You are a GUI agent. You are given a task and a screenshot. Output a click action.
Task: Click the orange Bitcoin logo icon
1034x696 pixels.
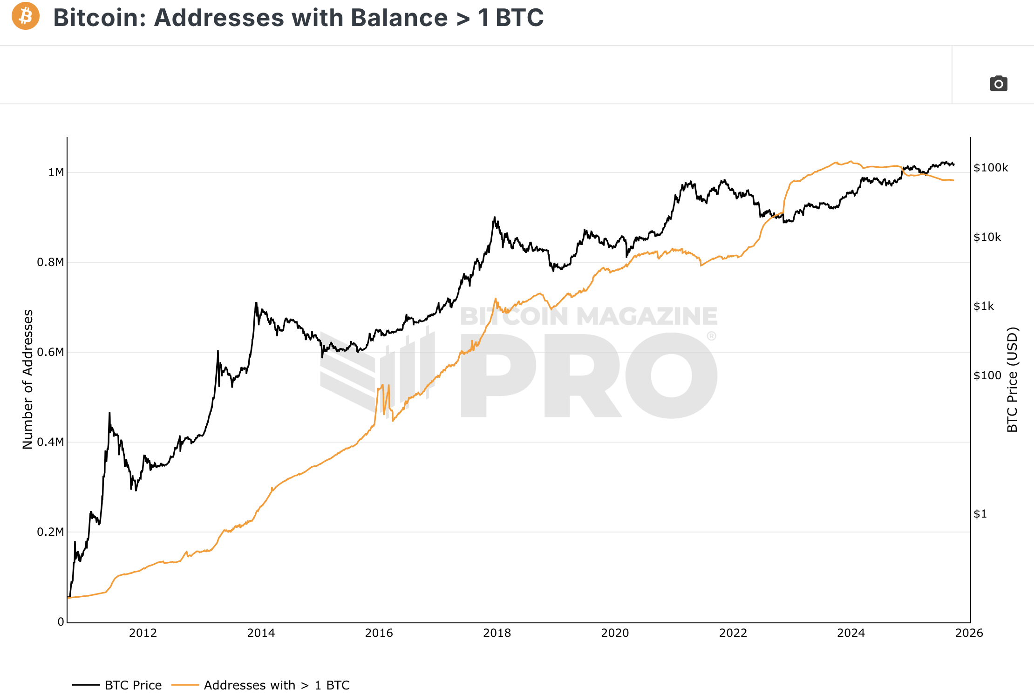coord(26,16)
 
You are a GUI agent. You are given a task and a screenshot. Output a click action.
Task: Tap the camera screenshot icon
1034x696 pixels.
coord(998,83)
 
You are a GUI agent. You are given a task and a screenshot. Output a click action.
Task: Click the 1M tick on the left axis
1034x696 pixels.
coord(56,172)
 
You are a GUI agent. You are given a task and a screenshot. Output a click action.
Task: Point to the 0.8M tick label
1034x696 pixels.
coord(50,262)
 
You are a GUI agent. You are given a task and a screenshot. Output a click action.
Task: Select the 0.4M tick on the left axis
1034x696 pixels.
coord(50,442)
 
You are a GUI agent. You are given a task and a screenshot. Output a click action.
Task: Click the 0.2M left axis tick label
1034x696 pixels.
coord(50,532)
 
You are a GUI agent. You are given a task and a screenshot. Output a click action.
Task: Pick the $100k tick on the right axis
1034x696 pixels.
coord(991,168)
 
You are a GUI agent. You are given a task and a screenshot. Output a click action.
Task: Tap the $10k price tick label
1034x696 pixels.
coord(987,237)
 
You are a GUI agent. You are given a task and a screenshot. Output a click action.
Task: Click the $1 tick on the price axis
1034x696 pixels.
coord(980,514)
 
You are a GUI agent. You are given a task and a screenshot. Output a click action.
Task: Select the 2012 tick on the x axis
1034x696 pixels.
coord(143,633)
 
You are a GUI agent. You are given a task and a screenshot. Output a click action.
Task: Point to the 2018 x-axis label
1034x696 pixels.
coord(497,633)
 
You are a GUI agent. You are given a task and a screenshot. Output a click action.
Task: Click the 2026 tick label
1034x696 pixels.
coord(969,633)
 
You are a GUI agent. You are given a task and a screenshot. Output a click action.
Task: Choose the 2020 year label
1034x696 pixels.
coord(615,633)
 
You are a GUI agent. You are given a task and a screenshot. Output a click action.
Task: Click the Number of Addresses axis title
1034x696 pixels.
coord(28,379)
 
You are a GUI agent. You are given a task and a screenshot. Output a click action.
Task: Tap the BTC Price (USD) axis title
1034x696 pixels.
coord(1012,379)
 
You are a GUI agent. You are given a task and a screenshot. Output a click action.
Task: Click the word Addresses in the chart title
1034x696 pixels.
coord(213,18)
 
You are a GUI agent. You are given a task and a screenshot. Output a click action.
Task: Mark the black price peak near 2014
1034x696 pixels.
coord(256,303)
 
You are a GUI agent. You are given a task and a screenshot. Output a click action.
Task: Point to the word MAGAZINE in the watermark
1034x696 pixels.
coord(647,316)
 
